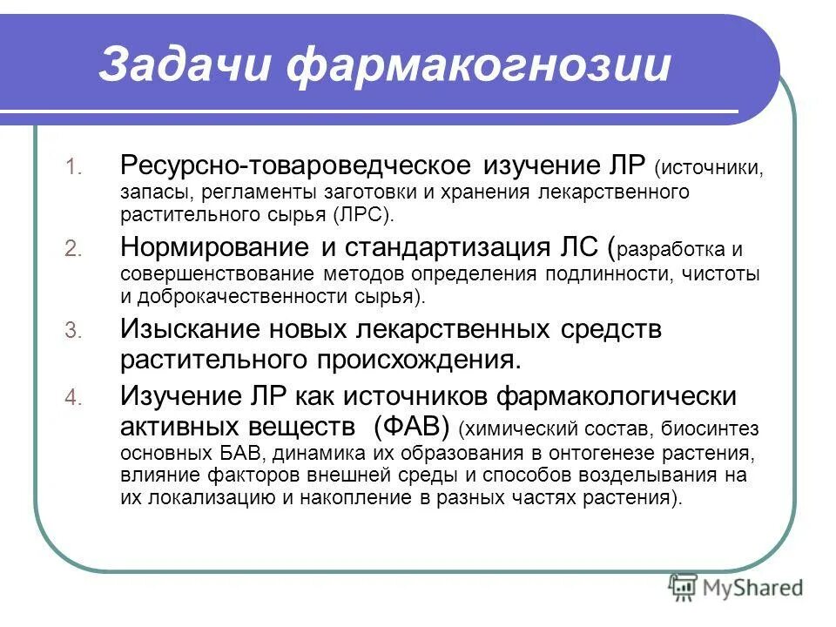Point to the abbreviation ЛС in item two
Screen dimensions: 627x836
(573, 248)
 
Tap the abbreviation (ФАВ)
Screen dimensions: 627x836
(409, 427)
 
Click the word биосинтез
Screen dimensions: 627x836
(711, 429)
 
